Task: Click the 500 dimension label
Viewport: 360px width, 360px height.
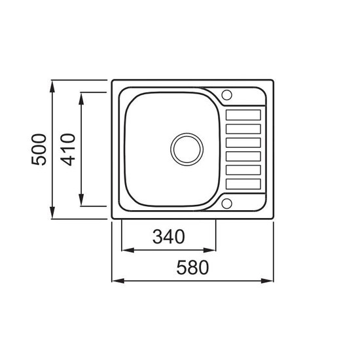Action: pyautogui.click(x=39, y=149)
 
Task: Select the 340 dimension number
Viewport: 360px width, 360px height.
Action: pyautogui.click(x=169, y=237)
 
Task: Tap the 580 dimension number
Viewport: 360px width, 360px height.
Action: pyautogui.click(x=192, y=268)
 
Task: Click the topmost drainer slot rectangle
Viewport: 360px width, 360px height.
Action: pyautogui.click(x=243, y=115)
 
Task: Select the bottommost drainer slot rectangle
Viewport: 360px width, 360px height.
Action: pyautogui.click(x=243, y=184)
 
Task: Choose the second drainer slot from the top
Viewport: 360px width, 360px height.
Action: pyautogui.click(x=243, y=129)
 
